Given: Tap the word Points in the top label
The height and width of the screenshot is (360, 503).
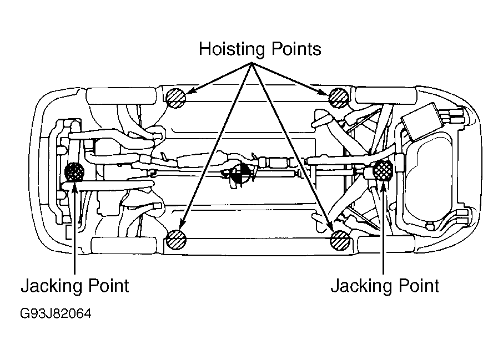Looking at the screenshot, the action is click(x=296, y=49).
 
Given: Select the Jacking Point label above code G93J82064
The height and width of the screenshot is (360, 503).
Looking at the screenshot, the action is click(x=75, y=286).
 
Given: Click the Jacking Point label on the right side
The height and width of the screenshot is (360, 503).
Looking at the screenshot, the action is click(x=385, y=286).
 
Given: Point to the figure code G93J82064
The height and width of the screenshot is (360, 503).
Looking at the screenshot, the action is click(x=56, y=313).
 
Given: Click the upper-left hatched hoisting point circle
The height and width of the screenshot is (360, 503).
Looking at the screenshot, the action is click(x=176, y=98).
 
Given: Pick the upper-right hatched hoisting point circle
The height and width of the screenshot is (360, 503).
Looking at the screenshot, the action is click(x=339, y=98).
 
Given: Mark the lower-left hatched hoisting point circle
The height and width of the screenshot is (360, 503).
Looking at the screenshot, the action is click(x=176, y=240).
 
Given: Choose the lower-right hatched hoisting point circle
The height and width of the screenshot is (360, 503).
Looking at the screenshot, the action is click(x=340, y=240).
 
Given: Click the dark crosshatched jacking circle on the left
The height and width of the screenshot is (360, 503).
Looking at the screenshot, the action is click(x=74, y=172).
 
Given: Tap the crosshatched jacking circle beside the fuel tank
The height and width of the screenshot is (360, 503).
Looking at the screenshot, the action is click(x=384, y=170).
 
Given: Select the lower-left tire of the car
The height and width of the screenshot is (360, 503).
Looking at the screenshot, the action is click(x=124, y=245).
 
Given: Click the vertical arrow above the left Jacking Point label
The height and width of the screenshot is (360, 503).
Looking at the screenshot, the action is click(x=74, y=229).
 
